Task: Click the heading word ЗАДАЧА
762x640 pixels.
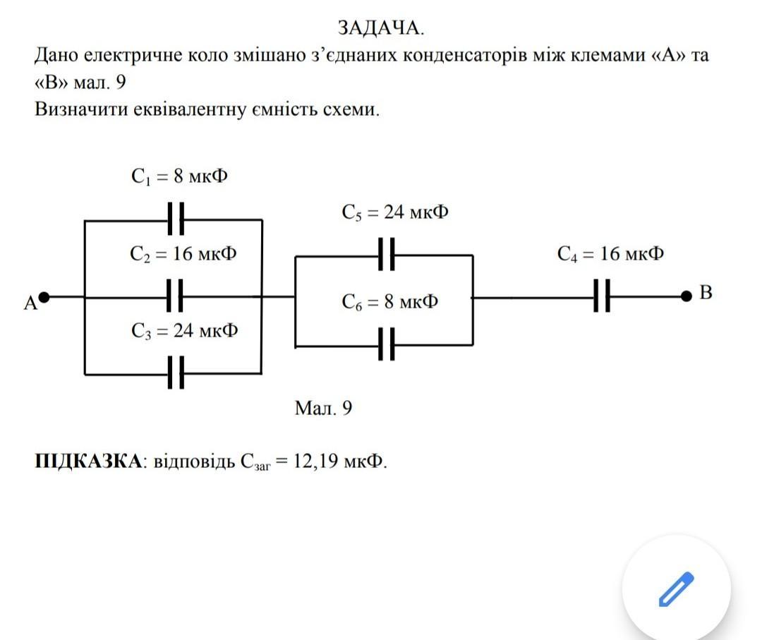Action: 381,28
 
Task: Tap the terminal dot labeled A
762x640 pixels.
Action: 44,297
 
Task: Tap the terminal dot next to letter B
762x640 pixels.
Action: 687,296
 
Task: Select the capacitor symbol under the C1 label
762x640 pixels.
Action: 176,219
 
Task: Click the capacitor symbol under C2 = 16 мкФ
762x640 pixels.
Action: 176,297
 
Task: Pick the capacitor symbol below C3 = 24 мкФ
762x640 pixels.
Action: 176,373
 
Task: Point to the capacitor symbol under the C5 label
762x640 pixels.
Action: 386,255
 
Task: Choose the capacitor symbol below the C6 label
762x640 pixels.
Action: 386,346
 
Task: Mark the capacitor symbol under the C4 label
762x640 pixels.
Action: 601,296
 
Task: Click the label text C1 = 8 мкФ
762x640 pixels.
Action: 179,176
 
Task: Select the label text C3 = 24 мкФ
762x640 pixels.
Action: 184,330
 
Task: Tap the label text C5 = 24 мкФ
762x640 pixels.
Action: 395,212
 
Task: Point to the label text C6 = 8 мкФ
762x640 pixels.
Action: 390,302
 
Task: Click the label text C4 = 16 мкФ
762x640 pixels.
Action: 610,254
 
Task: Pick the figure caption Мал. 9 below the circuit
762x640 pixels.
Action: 323,409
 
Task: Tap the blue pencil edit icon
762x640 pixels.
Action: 676,590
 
